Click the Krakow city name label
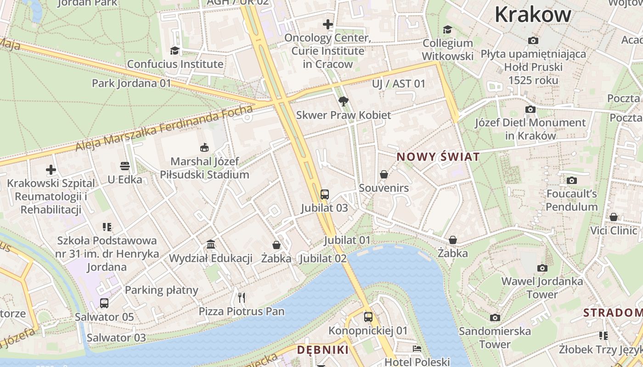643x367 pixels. [x=533, y=15]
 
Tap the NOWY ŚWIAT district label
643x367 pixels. [x=438, y=157]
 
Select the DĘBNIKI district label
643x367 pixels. [x=322, y=350]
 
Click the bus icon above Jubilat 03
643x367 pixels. [x=325, y=194]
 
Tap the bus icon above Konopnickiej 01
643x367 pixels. [x=368, y=317]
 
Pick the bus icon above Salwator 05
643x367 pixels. [x=104, y=303]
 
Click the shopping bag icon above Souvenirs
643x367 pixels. [x=384, y=174]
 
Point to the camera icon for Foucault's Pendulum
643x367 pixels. [x=572, y=180]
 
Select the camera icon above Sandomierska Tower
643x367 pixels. [x=495, y=317]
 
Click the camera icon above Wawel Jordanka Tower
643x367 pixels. [x=542, y=268]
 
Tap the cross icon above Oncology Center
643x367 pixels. [x=327, y=24]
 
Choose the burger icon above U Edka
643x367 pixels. [x=125, y=166]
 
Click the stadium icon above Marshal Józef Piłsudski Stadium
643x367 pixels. [x=204, y=147]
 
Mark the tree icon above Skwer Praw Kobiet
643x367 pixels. [x=343, y=101]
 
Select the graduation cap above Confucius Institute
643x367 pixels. [x=175, y=50]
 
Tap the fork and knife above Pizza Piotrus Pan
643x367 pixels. [x=242, y=298]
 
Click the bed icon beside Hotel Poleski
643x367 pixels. [x=417, y=349]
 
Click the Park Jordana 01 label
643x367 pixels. [x=131, y=83]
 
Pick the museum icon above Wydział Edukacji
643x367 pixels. [x=211, y=244]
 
